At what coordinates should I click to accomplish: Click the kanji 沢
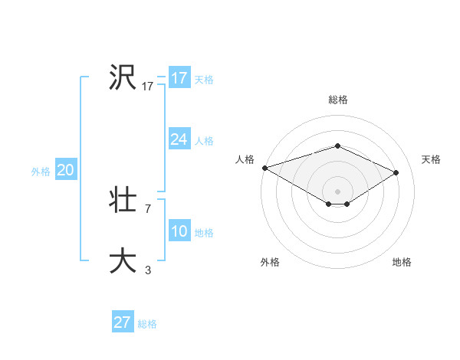tap(122, 78)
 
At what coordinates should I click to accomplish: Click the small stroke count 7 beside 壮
tap(147, 208)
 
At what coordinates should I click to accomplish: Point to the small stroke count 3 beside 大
tap(147, 270)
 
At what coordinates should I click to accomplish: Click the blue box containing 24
tap(179, 139)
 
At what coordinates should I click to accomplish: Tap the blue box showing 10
tap(179, 231)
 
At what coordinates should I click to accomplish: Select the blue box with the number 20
tap(65, 171)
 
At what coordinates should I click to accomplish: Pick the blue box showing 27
tap(122, 322)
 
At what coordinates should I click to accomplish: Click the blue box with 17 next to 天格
tap(179, 78)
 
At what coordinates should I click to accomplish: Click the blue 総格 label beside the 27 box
tap(147, 324)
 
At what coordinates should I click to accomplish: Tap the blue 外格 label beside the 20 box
tap(41, 172)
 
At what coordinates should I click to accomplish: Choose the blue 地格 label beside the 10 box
tap(204, 232)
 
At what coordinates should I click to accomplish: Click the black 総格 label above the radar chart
tap(337, 100)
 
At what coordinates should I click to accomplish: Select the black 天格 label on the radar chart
tap(432, 159)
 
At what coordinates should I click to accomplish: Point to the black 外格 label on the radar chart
tap(270, 262)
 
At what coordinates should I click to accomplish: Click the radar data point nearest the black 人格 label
tap(264, 167)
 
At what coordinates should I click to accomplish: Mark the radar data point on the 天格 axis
tap(396, 172)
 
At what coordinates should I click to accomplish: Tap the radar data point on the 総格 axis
tap(337, 146)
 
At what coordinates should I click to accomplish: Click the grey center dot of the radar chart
tap(337, 191)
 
